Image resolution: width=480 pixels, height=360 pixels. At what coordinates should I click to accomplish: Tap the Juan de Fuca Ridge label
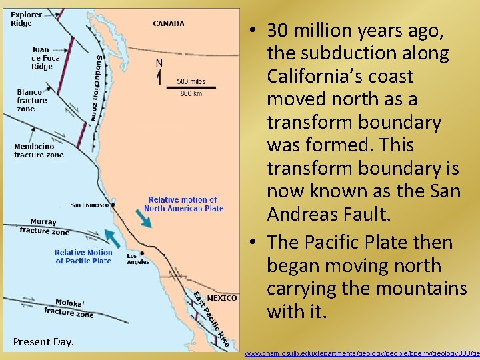pyautogui.click(x=45, y=58)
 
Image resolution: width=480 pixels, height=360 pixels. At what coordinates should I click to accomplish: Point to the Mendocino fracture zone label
pyautogui.click(x=39, y=151)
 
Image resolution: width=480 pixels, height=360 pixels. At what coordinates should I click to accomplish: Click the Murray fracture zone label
pyautogui.click(x=44, y=227)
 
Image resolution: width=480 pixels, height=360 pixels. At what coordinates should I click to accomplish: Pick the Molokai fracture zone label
pyautogui.click(x=69, y=307)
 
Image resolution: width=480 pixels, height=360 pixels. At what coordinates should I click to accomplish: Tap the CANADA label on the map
pyautogui.click(x=169, y=23)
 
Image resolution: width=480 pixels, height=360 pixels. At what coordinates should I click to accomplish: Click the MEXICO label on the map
pyautogui.click(x=222, y=298)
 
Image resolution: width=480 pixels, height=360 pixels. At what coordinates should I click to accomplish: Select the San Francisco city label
pyautogui.click(x=90, y=205)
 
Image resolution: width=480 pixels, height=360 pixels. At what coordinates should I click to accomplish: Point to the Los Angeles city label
pyautogui.click(x=138, y=258)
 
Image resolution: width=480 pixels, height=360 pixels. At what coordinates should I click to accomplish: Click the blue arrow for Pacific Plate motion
pyautogui.click(x=112, y=238)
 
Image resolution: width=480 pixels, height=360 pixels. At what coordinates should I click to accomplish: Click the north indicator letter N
pyautogui.click(x=159, y=62)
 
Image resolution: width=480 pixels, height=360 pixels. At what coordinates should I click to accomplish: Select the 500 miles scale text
pyautogui.click(x=191, y=82)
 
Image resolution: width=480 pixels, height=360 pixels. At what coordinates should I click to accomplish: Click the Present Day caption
pyautogui.click(x=43, y=342)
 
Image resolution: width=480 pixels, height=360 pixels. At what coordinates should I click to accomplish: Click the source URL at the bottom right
pyautogui.click(x=362, y=353)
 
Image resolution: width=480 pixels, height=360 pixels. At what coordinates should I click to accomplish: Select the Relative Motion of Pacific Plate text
pyautogui.click(x=83, y=257)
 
